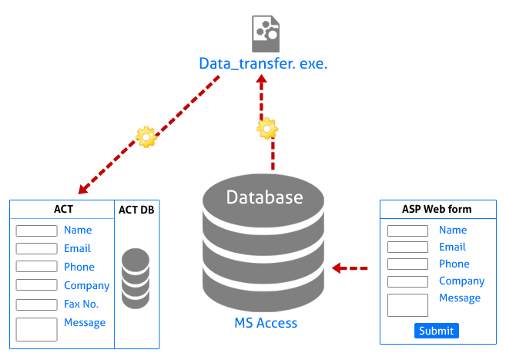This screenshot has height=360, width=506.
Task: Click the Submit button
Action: pos(437,331)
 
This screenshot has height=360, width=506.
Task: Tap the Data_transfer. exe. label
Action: pos(263,63)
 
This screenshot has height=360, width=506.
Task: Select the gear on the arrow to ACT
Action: pos(146,137)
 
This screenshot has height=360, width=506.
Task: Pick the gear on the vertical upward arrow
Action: pos(267,128)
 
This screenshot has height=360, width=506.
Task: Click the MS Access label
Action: pos(265,323)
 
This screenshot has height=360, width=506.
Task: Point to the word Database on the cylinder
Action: pos(264,197)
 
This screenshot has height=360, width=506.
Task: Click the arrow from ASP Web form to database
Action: pos(350,268)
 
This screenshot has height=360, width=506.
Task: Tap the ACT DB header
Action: pos(136,209)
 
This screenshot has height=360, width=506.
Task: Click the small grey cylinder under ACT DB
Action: pos(136,278)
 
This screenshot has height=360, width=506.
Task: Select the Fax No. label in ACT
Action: pos(80,304)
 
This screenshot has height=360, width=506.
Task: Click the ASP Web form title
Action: pos(437,209)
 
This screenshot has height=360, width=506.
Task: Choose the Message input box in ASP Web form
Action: pos(407,304)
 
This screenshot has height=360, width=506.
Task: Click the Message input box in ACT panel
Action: pos(37,329)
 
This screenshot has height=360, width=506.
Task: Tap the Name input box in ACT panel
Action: pos(37,230)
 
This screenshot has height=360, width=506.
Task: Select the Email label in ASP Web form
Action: pos(452,247)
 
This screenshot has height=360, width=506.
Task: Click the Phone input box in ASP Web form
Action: pos(407,264)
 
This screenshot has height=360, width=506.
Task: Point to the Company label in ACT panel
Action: pos(86,285)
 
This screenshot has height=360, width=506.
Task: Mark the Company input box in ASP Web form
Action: pos(407,281)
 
